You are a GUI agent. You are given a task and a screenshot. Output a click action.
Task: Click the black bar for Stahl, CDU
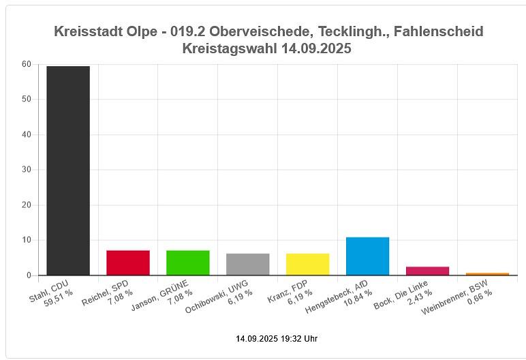pos(68,170)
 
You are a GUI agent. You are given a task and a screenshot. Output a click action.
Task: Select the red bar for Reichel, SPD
pos(128,262)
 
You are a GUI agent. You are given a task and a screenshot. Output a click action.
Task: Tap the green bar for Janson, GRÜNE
pos(188,262)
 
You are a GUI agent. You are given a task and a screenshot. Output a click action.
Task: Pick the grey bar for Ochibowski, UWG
pos(248,264)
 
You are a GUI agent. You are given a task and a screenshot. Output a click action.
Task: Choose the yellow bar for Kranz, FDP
pos(307,264)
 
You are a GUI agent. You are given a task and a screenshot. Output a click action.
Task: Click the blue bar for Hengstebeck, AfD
pos(367,256)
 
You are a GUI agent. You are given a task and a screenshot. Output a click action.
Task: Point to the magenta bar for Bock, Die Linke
pos(427,271)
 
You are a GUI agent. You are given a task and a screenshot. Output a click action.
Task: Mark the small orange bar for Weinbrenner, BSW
pos(487,274)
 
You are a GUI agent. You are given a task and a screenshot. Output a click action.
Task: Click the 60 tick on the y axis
pos(27,64)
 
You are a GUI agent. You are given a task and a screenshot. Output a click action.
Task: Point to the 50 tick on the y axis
pos(27,100)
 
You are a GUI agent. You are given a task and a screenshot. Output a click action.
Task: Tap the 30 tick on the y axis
pos(27,170)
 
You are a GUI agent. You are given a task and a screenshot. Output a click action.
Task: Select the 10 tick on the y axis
pos(27,240)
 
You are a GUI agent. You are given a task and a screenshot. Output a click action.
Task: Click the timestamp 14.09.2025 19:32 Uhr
pos(277,339)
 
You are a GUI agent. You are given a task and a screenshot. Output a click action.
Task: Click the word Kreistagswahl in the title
pos(230,48)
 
